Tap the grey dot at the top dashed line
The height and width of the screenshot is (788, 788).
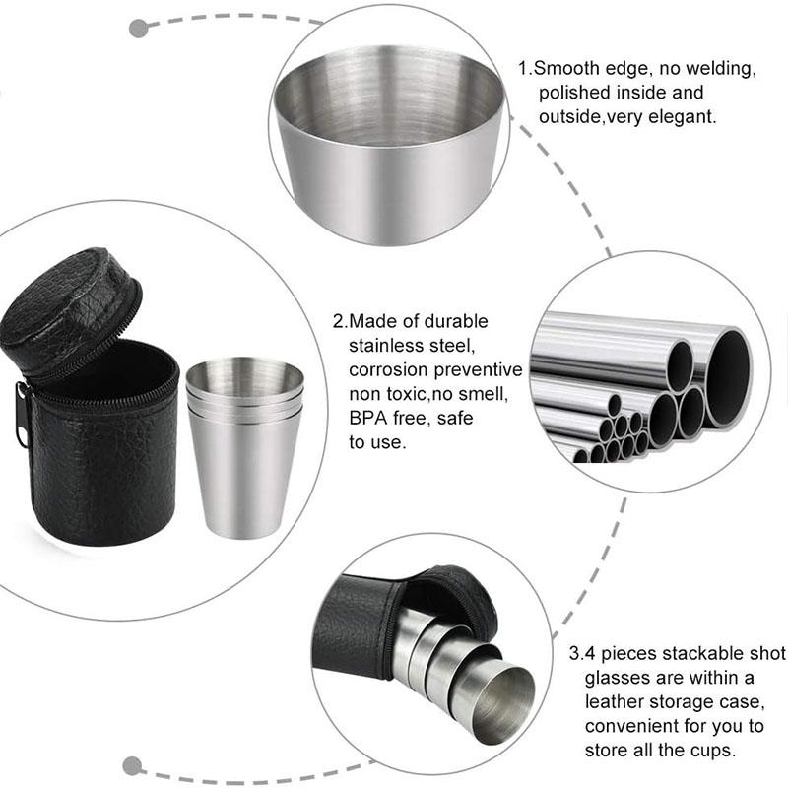click(x=139, y=29)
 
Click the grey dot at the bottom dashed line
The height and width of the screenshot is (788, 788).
click(x=132, y=766)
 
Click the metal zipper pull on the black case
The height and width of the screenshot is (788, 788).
click(x=21, y=415)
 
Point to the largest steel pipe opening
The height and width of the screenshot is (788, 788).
click(x=728, y=378)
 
